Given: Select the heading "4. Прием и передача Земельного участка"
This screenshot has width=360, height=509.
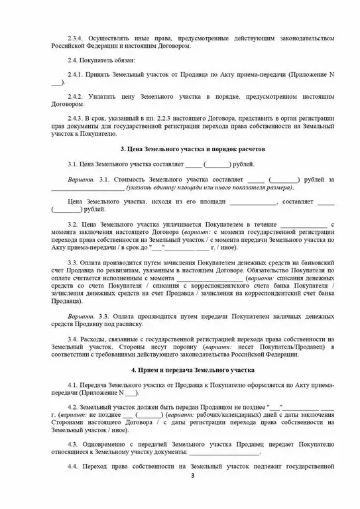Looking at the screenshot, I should (192, 368).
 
